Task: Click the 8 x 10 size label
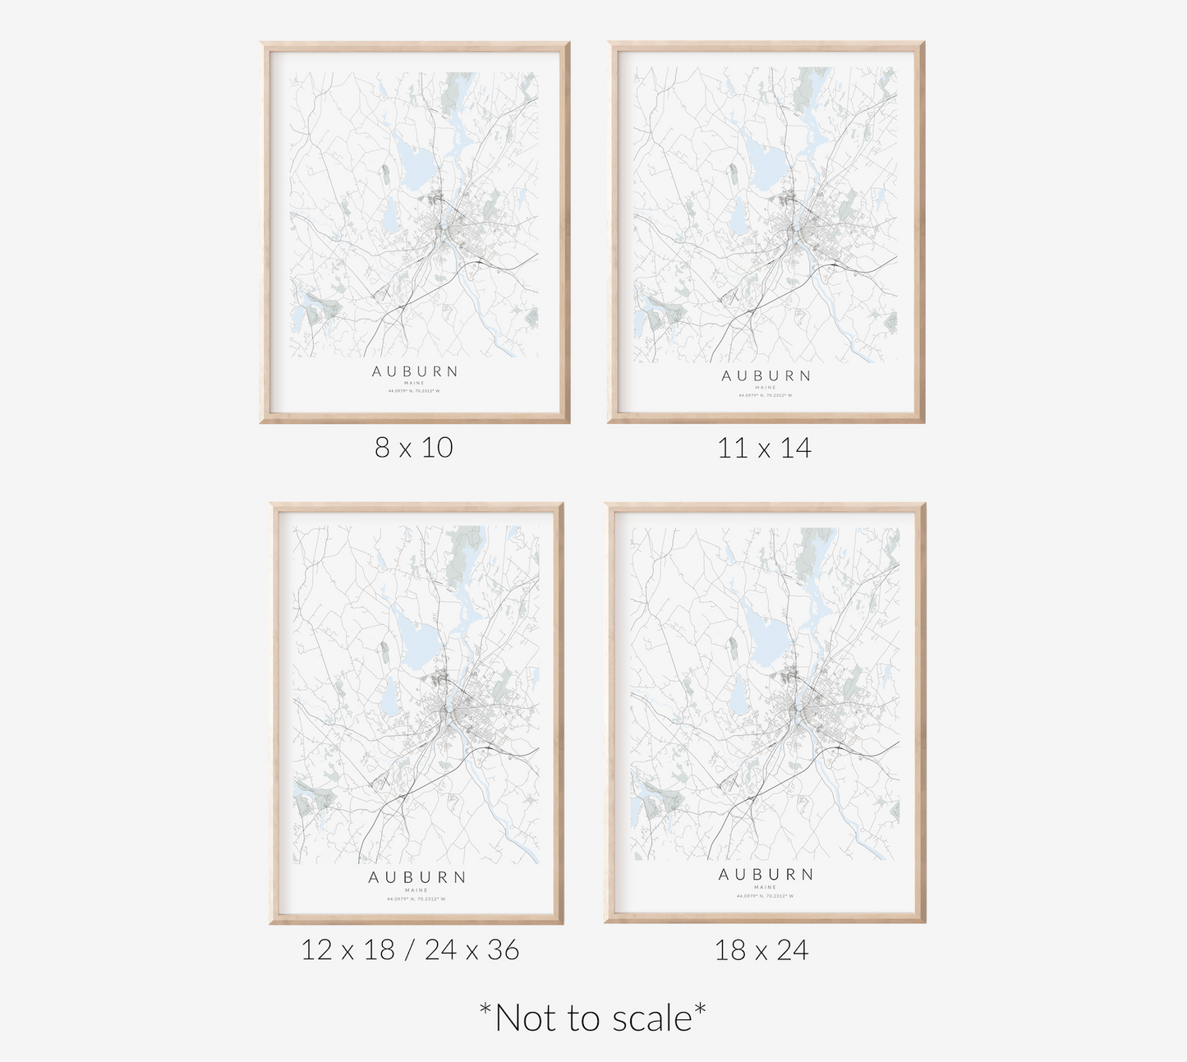click(x=414, y=448)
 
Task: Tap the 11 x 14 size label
click(x=764, y=448)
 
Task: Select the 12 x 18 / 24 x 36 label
click(x=410, y=950)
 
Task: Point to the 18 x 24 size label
click(x=761, y=950)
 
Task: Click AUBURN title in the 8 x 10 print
click(x=415, y=371)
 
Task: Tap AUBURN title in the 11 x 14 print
click(x=766, y=376)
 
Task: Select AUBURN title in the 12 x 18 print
click(x=416, y=877)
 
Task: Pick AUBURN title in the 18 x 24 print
click(x=766, y=875)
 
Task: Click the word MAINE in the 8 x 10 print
click(x=415, y=383)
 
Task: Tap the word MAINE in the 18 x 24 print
click(x=766, y=887)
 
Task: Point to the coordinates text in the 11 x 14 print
click(x=766, y=395)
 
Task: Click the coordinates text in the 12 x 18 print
click(x=416, y=899)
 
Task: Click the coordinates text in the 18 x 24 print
click(x=766, y=896)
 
